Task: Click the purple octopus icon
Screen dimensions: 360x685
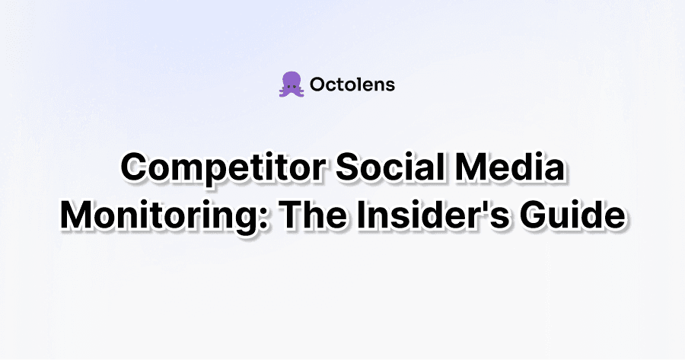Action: [x=290, y=84]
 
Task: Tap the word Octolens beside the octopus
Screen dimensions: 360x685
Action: [x=353, y=84]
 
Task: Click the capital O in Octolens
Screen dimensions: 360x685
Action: [x=320, y=84]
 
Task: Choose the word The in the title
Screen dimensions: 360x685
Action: [x=312, y=214]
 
